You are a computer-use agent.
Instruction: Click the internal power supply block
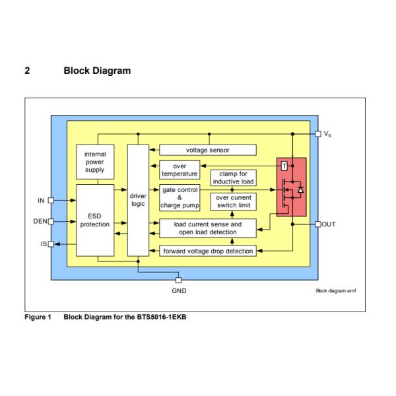94,162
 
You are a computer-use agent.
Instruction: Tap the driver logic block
138,199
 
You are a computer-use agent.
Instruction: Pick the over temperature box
179,170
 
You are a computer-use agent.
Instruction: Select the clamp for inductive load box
233,178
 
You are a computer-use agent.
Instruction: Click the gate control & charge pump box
180,197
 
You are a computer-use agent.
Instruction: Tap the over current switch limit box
233,201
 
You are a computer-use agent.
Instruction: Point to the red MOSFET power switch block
292,186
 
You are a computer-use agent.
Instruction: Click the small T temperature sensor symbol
284,165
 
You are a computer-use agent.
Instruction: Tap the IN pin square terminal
51,200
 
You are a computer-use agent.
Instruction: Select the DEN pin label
40,222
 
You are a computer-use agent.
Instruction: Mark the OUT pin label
329,224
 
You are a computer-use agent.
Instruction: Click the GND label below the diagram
178,290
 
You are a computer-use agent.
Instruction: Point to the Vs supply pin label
328,134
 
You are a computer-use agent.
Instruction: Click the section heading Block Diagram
96,71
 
